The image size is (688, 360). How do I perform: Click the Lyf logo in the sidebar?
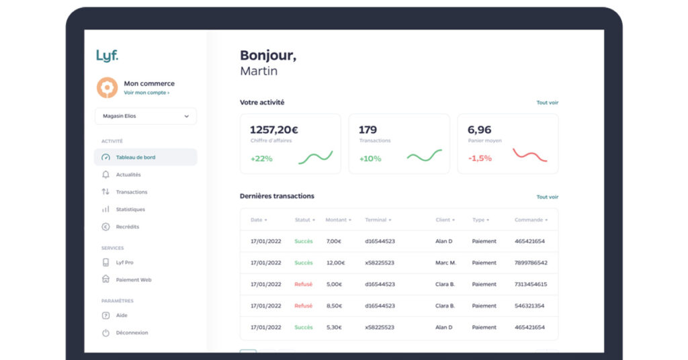point(107,56)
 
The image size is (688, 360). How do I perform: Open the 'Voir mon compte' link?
point(146,93)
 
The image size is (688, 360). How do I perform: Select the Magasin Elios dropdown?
point(146,116)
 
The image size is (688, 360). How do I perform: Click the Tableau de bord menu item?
point(136,157)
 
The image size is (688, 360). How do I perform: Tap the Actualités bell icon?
point(105,175)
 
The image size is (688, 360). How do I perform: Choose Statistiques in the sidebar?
point(130,210)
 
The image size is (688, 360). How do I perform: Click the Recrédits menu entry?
point(128,227)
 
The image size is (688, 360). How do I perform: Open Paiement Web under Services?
point(133,280)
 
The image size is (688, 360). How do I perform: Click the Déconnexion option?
point(132,332)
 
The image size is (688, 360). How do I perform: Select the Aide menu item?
point(122,315)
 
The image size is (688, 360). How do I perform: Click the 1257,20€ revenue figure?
point(274,130)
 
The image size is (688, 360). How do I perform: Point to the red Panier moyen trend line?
point(530,156)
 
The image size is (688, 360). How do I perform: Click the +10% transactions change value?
point(370,159)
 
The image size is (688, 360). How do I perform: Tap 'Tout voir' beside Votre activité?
point(547,103)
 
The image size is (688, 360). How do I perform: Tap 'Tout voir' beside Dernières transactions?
point(547,197)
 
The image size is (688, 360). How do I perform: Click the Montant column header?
point(338,220)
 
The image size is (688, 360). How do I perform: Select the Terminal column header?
point(378,220)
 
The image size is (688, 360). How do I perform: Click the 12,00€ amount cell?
point(336,263)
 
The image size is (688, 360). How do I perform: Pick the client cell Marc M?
point(445,263)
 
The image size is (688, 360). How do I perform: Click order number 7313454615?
point(531,284)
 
